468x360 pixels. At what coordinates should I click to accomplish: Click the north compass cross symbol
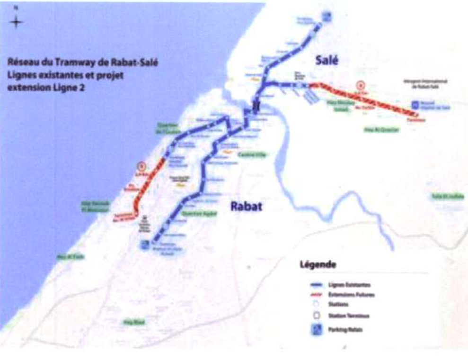[x=16, y=22]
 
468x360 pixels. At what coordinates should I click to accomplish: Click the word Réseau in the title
[x=24, y=62]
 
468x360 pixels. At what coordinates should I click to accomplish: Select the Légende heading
[x=318, y=264]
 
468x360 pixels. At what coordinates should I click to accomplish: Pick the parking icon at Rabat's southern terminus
[x=143, y=244]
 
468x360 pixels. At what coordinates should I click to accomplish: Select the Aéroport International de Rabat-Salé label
[x=428, y=83]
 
